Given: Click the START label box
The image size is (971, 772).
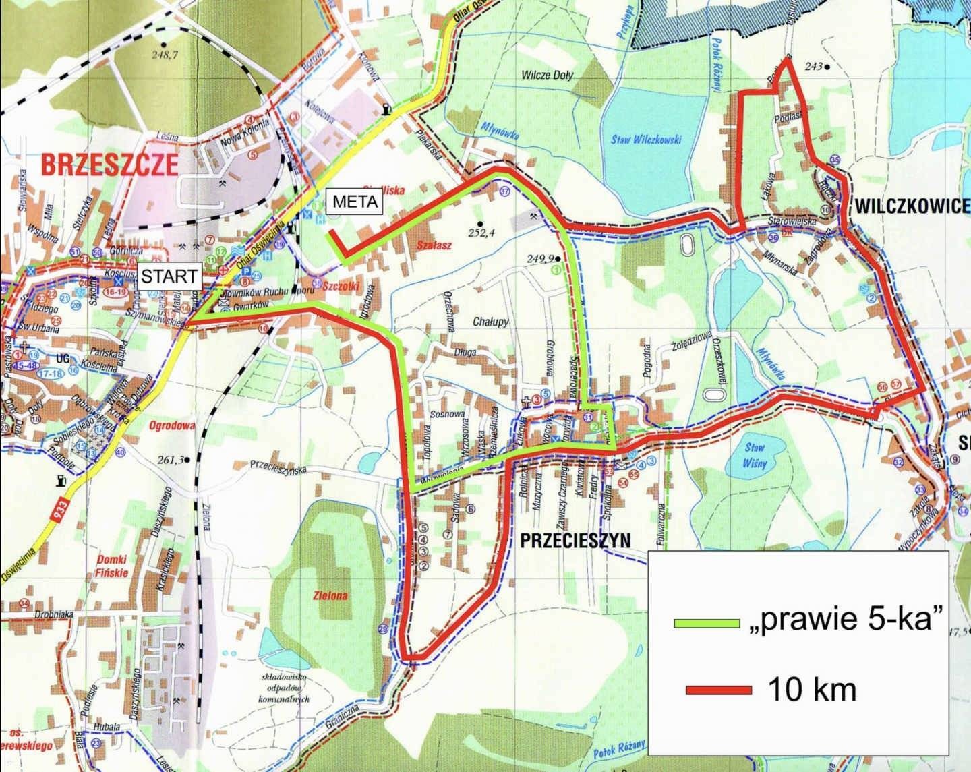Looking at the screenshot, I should tap(169, 275).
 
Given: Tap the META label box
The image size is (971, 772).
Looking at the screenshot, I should tap(354, 202).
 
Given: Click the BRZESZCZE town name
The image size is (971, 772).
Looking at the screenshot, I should tap(110, 164).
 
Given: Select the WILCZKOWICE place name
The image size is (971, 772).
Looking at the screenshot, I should tap(912, 206).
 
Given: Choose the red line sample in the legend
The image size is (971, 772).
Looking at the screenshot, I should tap(718, 690).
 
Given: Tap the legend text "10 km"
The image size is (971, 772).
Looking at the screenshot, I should tap(812, 689).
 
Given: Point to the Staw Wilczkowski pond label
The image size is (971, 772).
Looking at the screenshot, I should tap(647, 140).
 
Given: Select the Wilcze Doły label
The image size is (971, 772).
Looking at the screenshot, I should tap(547, 75).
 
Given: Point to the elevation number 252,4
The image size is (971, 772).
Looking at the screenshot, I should tap(482, 233).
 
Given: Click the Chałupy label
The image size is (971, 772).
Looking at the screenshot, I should tap(491, 322).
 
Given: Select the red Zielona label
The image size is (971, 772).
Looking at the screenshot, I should tap(330, 596).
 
